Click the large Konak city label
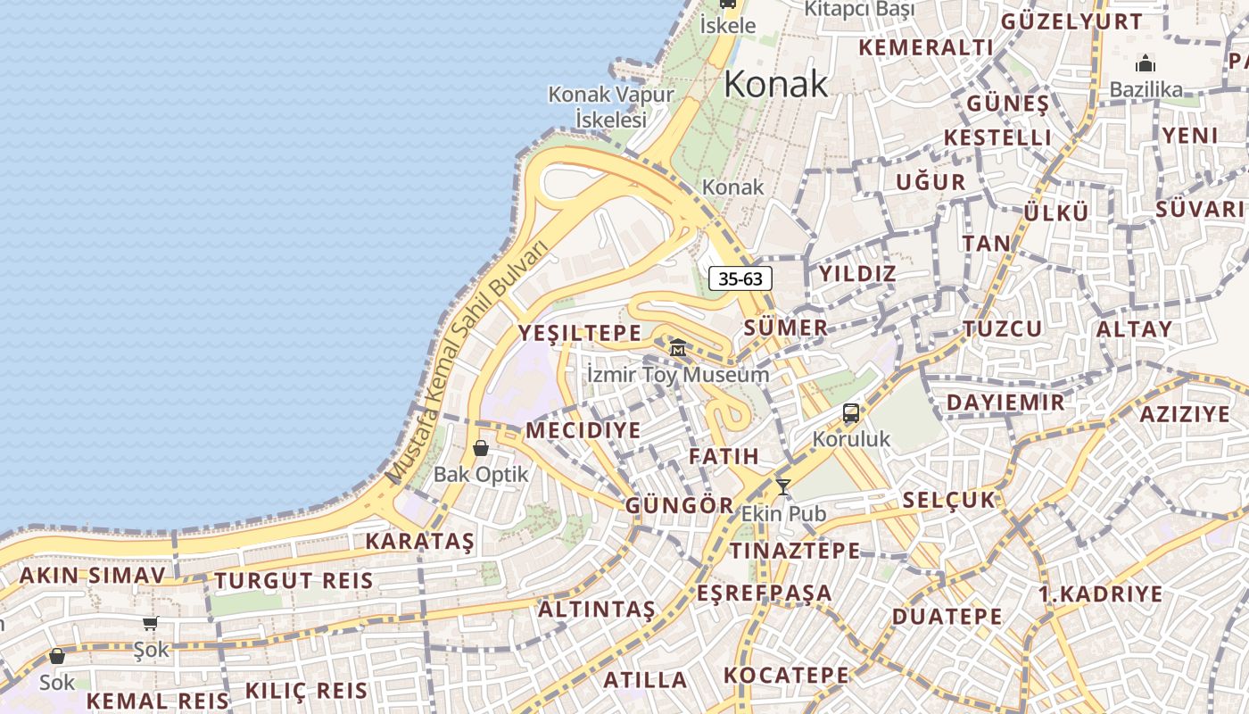tap(775, 84)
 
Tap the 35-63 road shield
tap(740, 278)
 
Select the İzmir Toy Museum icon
tap(678, 347)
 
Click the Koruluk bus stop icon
tap(851, 413)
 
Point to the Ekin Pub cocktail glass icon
tap(783, 487)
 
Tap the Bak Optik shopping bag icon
tap(481, 448)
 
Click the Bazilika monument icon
tap(1146, 64)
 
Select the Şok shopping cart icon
tap(150, 624)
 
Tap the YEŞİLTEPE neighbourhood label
tap(580, 333)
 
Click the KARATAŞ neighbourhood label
tap(419, 541)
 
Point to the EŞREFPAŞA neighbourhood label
tap(765, 593)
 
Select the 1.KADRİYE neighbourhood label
tap(1100, 594)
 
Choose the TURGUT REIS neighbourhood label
tap(294, 581)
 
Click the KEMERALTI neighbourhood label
tap(925, 47)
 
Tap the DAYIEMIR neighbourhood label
tap(1005, 402)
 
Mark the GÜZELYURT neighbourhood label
tap(1071, 21)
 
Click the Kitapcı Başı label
tap(859, 10)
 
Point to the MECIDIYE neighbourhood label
tap(583, 430)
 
